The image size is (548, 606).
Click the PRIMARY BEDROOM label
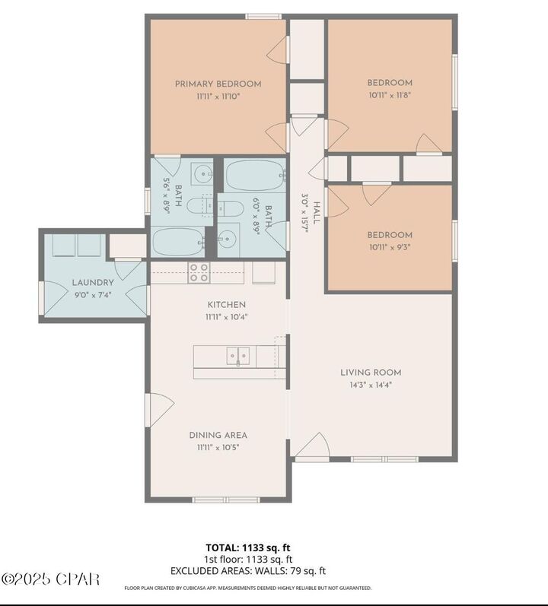[218, 84]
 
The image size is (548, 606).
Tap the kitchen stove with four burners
[199, 273]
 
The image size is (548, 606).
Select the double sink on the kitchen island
[237, 355]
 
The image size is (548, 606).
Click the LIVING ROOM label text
[370, 373]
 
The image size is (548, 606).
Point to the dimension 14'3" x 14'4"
[370, 384]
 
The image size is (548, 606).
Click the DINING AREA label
[218, 436]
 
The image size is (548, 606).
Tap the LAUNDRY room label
[93, 282]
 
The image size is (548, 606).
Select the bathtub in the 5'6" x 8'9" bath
[178, 242]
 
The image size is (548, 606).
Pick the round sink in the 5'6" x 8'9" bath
[202, 175]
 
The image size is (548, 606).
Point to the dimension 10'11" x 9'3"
[390, 246]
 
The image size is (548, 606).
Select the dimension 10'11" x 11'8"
[390, 94]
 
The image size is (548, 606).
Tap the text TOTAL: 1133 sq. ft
[248, 547]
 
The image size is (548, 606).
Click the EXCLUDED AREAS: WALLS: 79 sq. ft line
[248, 570]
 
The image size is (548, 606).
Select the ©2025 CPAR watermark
[51, 579]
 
